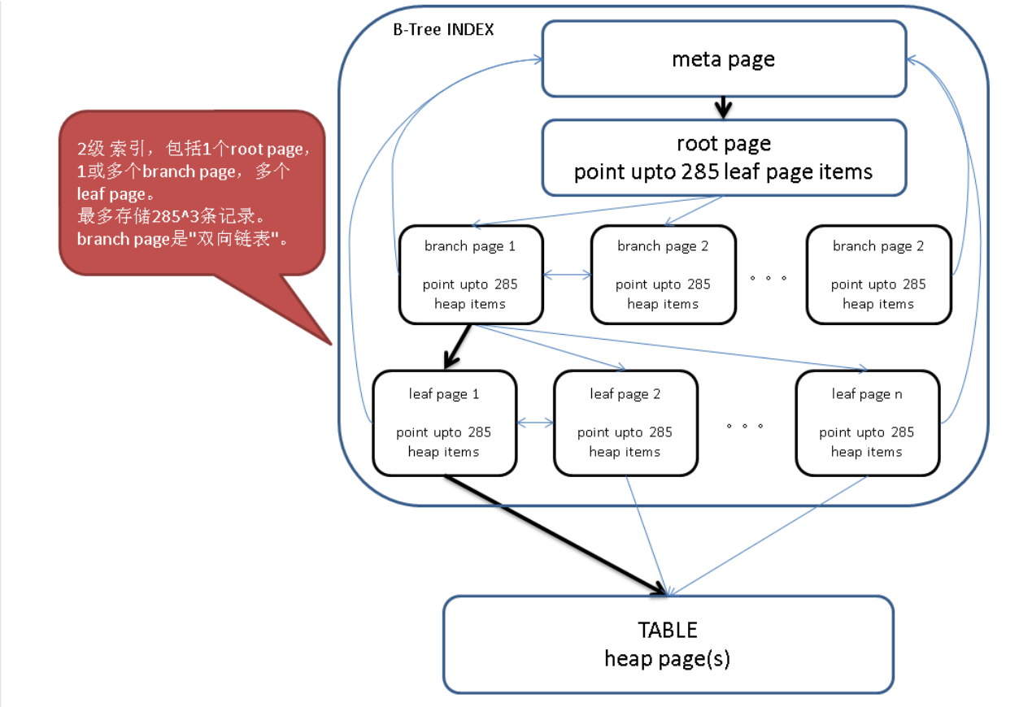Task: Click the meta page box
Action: pos(724,59)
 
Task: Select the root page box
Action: pos(724,158)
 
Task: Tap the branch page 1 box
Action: pos(470,275)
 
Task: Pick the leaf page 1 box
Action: pos(444,423)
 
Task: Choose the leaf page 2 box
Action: pos(625,423)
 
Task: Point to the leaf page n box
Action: pos(867,423)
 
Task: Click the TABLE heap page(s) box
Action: pos(668,644)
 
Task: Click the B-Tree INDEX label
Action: pos(443,29)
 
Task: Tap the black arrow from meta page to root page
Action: pos(724,107)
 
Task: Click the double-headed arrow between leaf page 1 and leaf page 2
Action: pos(535,423)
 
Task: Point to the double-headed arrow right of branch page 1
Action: pos(567,275)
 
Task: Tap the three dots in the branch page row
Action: pos(769,277)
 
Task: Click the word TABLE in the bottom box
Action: pos(668,631)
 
